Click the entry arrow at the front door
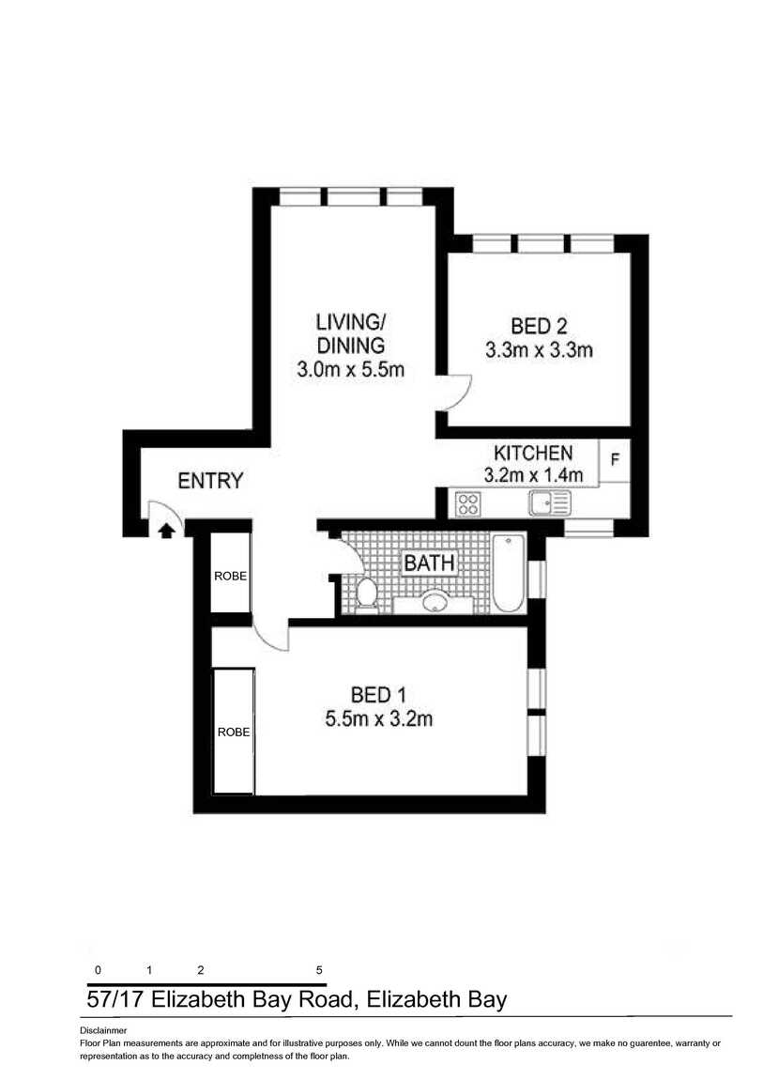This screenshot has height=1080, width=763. pyautogui.click(x=166, y=530)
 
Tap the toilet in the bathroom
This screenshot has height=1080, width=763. pyautogui.click(x=367, y=594)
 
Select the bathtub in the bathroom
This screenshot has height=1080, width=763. pyautogui.click(x=509, y=573)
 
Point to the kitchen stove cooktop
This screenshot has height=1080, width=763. pyautogui.click(x=468, y=503)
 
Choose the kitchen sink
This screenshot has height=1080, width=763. pyautogui.click(x=550, y=503)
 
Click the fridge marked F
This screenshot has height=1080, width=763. pyautogui.click(x=615, y=459)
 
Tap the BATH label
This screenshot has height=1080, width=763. pyautogui.click(x=429, y=563)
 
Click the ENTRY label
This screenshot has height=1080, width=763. pyautogui.click(x=210, y=480)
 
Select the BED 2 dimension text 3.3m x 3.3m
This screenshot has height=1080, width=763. pyautogui.click(x=539, y=350)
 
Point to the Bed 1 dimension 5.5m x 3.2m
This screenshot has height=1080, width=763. pyautogui.click(x=379, y=719)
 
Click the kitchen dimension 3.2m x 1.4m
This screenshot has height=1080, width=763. pyautogui.click(x=533, y=474)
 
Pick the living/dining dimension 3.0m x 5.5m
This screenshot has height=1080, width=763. pyautogui.click(x=350, y=369)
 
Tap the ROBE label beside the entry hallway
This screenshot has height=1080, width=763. pyautogui.click(x=230, y=576)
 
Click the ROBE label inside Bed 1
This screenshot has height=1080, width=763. pyautogui.click(x=234, y=733)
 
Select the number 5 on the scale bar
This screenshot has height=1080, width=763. pyautogui.click(x=319, y=970)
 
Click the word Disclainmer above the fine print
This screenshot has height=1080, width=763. pyautogui.click(x=103, y=1031)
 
